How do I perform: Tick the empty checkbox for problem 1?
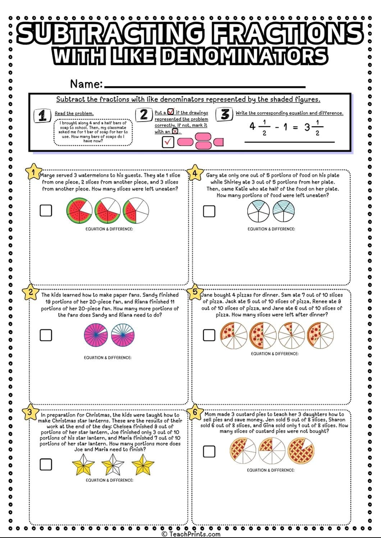tap(46, 211)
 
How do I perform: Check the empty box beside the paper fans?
tap(46, 335)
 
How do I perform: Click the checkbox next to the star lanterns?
tap(46, 464)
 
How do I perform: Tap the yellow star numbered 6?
tap(195, 412)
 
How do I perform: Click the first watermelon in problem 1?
tap(78, 211)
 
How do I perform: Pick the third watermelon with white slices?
tap(136, 211)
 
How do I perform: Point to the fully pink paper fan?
tap(96, 335)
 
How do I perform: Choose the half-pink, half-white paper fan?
tap(123, 335)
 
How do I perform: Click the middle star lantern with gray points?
tap(113, 465)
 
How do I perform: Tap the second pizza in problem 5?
tap(262, 335)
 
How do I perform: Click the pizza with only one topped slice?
tap(291, 335)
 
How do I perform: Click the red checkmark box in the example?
tap(168, 142)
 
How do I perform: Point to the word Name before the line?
tap(86, 84)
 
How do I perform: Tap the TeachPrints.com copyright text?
tap(191, 534)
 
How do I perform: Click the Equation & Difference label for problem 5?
tap(274, 354)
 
